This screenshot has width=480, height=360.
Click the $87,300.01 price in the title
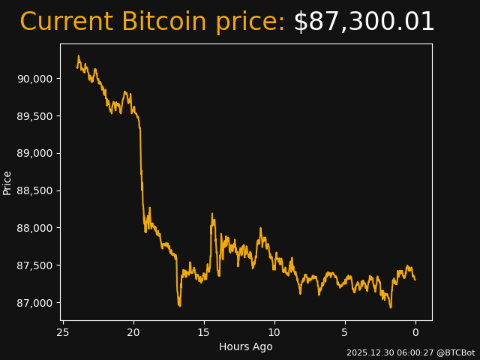click(x=364, y=22)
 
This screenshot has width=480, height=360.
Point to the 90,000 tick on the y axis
click(x=35, y=79)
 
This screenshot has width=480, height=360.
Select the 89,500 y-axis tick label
click(x=35, y=116)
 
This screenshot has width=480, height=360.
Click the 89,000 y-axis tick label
click(x=35, y=153)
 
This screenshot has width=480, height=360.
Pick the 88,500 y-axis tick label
click(x=35, y=190)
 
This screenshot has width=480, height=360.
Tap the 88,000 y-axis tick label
click(x=35, y=228)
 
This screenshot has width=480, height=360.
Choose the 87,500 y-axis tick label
click(x=35, y=265)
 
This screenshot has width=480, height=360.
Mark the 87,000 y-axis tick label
click(x=35, y=303)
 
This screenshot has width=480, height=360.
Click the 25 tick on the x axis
click(x=63, y=332)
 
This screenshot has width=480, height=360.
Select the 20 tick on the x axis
click(x=133, y=332)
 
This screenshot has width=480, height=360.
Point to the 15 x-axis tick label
click(x=204, y=332)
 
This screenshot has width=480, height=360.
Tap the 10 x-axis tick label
click(x=274, y=332)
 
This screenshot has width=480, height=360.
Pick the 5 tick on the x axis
click(x=345, y=332)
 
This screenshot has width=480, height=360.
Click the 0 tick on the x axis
click(x=415, y=332)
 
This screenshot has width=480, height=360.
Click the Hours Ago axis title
click(x=246, y=346)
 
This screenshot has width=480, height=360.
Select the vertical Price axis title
click(x=7, y=182)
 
